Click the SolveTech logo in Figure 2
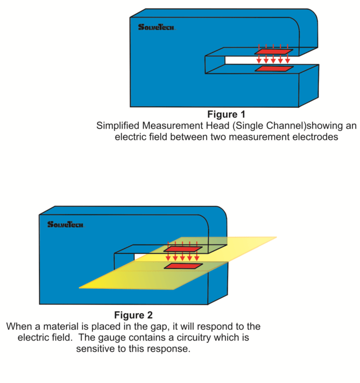tap(65, 224)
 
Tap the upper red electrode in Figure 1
tap(274, 52)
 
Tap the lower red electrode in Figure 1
tap(274, 69)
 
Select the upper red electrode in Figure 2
tap(184, 249)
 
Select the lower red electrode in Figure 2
tap(184, 266)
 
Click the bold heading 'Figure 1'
tap(227, 115)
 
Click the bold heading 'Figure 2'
tap(133, 315)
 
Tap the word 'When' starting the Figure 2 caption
tap(19, 327)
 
